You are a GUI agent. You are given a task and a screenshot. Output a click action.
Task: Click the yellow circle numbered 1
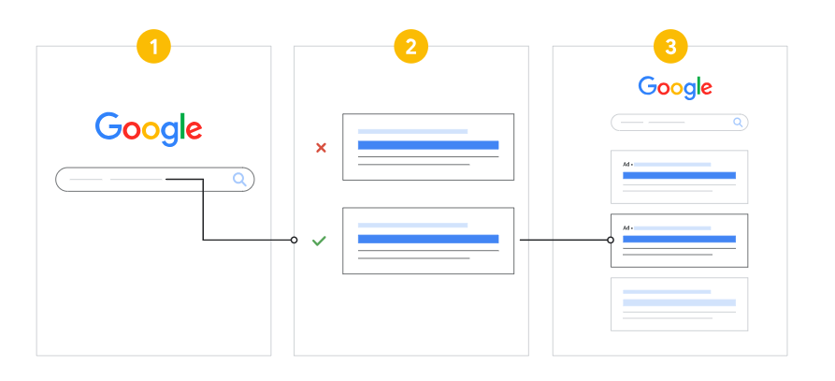[154, 47]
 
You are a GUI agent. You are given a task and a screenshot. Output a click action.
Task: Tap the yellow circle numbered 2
[411, 47]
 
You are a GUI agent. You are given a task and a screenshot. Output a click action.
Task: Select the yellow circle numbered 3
[670, 47]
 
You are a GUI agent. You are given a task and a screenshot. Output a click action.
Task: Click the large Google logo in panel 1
[149, 129]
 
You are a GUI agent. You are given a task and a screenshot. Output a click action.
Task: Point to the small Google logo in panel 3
[675, 88]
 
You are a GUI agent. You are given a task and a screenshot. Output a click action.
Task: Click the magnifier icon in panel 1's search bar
[240, 180]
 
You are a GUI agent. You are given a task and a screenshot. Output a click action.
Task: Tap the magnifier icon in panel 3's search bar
[738, 123]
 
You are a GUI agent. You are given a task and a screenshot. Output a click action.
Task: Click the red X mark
[321, 148]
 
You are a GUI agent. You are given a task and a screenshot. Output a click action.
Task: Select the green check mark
[319, 242]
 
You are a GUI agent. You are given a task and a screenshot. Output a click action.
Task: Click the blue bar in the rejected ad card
[428, 145]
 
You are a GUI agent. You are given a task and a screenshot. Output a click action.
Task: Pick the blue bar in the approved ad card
[428, 239]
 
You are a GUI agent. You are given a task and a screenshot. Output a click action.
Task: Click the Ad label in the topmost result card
[626, 164]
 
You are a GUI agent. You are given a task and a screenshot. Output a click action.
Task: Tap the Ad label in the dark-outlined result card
[626, 228]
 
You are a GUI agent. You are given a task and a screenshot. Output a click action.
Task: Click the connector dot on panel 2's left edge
[294, 241]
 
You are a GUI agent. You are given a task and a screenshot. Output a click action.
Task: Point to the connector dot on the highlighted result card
[611, 241]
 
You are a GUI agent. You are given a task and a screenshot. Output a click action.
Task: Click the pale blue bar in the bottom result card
[679, 302]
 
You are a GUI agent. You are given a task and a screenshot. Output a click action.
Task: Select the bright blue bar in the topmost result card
[679, 175]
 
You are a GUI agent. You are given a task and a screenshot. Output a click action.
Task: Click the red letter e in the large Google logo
[194, 130]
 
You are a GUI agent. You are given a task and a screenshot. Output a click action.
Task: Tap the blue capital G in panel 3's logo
[648, 86]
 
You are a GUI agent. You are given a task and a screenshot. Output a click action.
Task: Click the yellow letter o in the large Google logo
[151, 130]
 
